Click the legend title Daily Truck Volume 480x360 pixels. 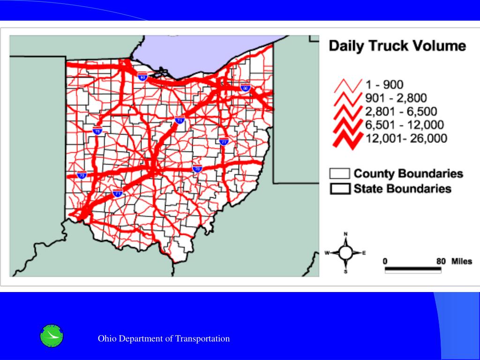pyautogui.click(x=397, y=46)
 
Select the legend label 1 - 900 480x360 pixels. pyautogui.click(x=384, y=85)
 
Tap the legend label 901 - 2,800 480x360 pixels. pyautogui.click(x=396, y=98)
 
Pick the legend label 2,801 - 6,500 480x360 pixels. pyautogui.click(x=401, y=112)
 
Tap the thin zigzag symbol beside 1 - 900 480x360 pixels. pyautogui.click(x=348, y=86)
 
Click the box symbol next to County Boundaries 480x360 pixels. pyautogui.click(x=340, y=173)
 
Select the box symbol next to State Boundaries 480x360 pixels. pyautogui.click(x=340, y=188)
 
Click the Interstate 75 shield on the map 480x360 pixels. pyautogui.click(x=97, y=131)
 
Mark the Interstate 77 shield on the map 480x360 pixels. pyautogui.click(x=224, y=141)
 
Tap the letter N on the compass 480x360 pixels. pyautogui.click(x=346, y=234)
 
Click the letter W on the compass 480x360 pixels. pyautogui.click(x=327, y=253)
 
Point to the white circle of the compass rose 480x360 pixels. pyautogui.click(x=346, y=253)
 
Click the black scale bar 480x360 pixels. pyautogui.click(x=413, y=270)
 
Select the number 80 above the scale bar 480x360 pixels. pyautogui.click(x=441, y=261)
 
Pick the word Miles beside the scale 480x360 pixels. pyautogui.click(x=462, y=261)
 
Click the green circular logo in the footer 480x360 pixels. pyautogui.click(x=52, y=336)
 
